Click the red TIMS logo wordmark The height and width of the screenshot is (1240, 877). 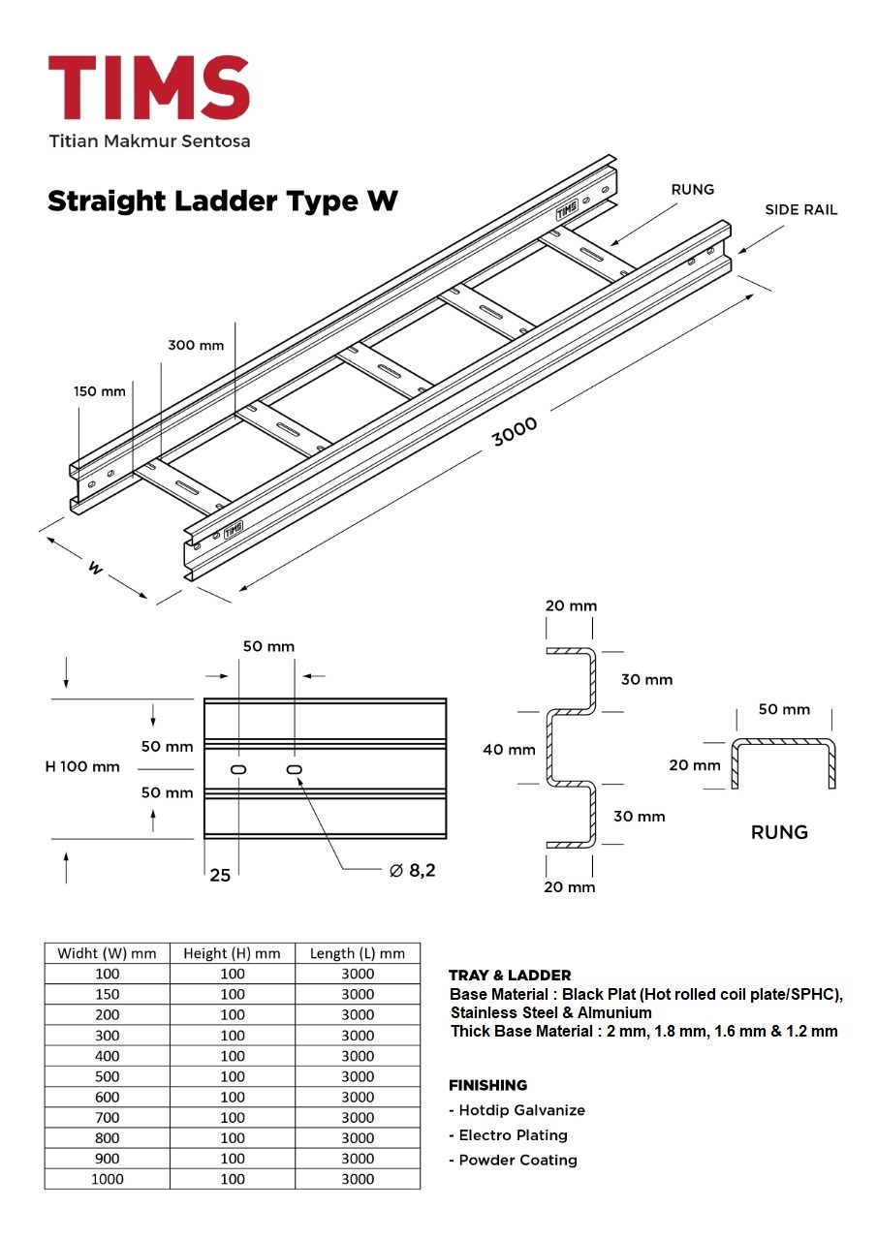[149, 86]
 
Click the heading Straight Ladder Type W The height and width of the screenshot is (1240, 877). [222, 201]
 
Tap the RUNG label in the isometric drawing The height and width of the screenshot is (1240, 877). [692, 190]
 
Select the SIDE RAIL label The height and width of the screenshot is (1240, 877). [800, 209]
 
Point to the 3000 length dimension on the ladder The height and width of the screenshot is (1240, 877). [515, 429]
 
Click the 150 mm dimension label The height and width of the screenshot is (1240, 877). [99, 391]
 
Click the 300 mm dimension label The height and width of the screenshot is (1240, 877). [196, 345]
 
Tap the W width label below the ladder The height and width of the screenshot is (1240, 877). [95, 567]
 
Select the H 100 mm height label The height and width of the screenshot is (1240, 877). [82, 766]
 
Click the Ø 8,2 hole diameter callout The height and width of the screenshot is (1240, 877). [412, 870]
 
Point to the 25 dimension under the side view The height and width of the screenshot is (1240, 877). [220, 875]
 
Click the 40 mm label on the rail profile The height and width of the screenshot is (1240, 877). [509, 749]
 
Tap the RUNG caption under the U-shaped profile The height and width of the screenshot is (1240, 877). [779, 832]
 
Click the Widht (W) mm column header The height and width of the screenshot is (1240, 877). [107, 953]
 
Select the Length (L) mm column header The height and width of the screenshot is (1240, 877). [358, 953]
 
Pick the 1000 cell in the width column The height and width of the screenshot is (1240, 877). [107, 1179]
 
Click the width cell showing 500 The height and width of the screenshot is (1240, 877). [107, 1076]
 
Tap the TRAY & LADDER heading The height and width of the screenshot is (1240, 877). [510, 976]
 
